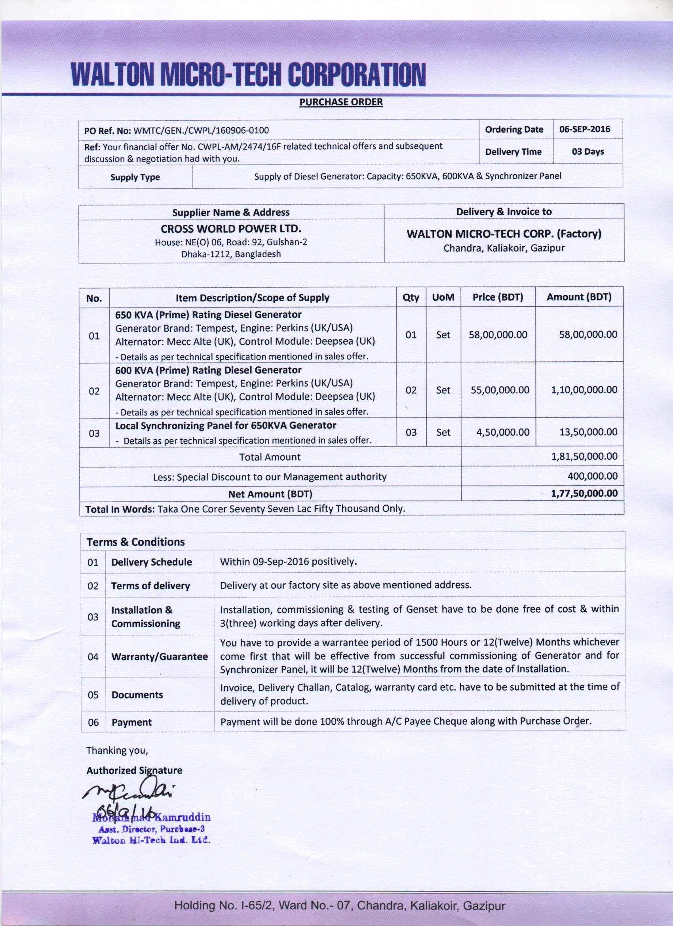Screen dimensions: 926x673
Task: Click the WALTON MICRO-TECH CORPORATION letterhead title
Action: click(248, 74)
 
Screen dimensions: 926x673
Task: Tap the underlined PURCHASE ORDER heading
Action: click(341, 102)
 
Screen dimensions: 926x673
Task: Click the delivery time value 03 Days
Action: click(587, 152)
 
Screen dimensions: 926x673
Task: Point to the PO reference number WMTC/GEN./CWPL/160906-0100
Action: click(201, 131)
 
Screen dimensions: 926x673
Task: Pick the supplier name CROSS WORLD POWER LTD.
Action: click(231, 228)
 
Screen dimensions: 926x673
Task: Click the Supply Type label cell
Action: click(135, 177)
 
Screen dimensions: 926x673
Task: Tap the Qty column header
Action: click(411, 297)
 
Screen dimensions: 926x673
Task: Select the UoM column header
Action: click(443, 297)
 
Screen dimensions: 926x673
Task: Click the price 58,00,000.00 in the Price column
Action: click(498, 335)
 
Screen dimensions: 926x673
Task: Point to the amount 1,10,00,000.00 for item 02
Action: click(584, 390)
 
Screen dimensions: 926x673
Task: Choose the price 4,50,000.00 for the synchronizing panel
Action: click(503, 432)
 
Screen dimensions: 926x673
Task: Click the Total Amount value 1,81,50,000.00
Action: click(584, 456)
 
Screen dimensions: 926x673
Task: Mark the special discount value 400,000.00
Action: click(592, 476)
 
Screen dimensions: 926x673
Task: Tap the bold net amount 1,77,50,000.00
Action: click(584, 493)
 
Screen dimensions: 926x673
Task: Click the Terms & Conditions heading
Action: click(135, 542)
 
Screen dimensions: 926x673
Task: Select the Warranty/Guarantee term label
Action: click(159, 657)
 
